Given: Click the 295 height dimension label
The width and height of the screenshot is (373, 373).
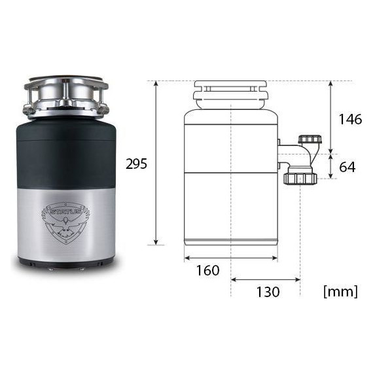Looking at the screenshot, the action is pyautogui.click(x=136, y=164).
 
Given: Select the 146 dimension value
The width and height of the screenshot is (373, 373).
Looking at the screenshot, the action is pyautogui.click(x=350, y=119).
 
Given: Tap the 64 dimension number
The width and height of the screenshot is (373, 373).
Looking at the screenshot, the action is pyautogui.click(x=347, y=167).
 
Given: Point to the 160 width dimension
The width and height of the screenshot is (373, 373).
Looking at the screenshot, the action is pyautogui.click(x=207, y=270).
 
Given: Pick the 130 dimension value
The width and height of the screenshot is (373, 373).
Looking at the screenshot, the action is pyautogui.click(x=268, y=292).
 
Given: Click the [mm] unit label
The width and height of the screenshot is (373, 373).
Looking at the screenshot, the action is pyautogui.click(x=341, y=291).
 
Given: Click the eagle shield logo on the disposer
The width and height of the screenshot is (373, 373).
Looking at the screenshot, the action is pyautogui.click(x=65, y=223).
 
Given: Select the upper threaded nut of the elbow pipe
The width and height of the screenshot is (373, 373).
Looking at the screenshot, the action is pyautogui.click(x=310, y=139).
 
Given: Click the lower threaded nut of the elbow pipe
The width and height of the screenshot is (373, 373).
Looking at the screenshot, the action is pyautogui.click(x=300, y=179).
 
